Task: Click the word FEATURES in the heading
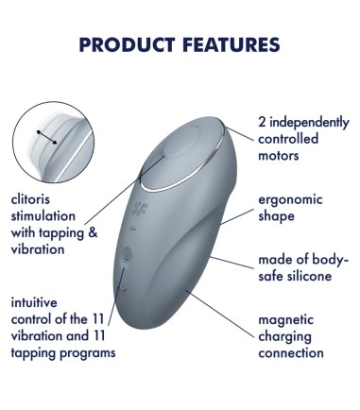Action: (230, 44)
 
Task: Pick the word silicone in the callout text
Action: (318, 276)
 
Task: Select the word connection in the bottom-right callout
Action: (291, 353)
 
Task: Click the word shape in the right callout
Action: (276, 216)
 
